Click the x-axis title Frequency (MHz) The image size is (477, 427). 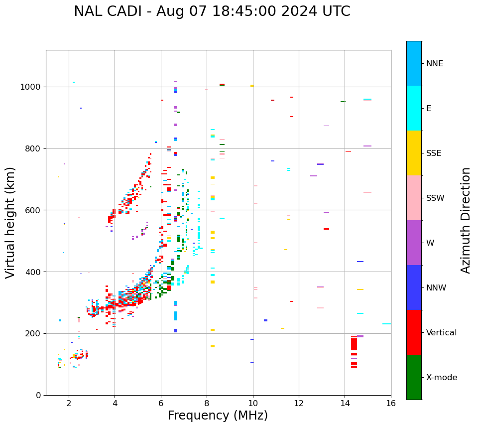[x=218, y=416]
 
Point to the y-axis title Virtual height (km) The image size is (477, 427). [x=11, y=222]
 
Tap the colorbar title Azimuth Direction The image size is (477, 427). [x=466, y=220]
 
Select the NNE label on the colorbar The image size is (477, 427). [x=434, y=64]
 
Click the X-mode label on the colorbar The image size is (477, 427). [x=441, y=377]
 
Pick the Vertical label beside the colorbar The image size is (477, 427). [x=441, y=332]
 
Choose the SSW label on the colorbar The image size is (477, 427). [x=435, y=198]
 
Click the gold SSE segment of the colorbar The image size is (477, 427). [x=414, y=152]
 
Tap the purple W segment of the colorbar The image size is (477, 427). [x=414, y=242]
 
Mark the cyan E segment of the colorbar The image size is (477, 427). [x=414, y=108]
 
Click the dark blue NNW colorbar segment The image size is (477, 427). [x=414, y=287]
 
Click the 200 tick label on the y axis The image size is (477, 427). [x=35, y=333]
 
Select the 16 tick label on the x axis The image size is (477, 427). [x=391, y=403]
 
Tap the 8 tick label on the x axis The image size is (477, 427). [x=207, y=403]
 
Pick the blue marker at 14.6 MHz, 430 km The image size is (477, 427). [x=360, y=262]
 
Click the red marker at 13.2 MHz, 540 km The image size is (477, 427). [x=326, y=229]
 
